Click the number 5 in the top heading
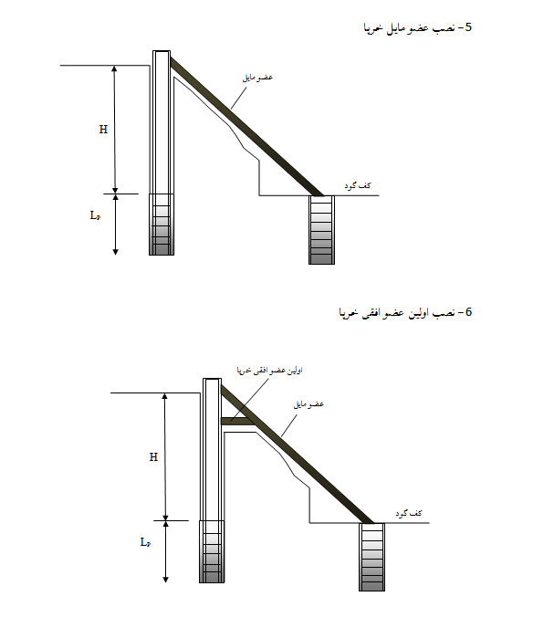(467, 27)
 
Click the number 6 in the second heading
(468, 311)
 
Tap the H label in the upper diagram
(103, 130)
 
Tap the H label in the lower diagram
(153, 457)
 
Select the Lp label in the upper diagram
(95, 215)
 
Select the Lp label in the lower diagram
(145, 542)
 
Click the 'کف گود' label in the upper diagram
(358, 185)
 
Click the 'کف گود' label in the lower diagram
(409, 513)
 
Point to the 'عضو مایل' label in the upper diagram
(257, 77)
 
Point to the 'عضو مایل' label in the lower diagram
(308, 404)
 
